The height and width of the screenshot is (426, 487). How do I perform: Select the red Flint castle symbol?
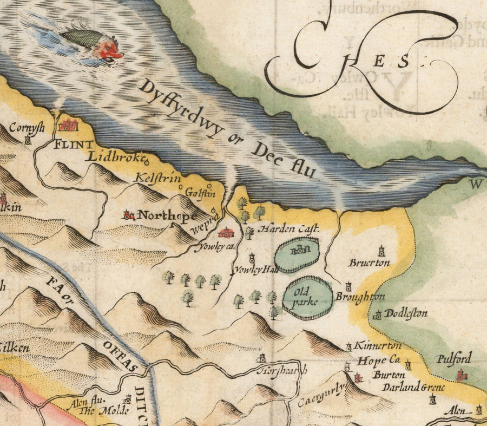(68, 124)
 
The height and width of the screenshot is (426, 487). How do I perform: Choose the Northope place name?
(167, 215)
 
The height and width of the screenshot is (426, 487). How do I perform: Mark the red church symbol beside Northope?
(128, 215)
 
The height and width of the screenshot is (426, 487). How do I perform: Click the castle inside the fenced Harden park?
(299, 251)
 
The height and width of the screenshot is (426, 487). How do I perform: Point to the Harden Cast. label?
(288, 229)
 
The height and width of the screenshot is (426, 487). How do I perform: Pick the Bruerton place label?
(369, 263)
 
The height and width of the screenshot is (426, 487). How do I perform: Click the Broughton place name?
(360, 297)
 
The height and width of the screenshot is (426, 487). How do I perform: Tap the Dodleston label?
(406, 313)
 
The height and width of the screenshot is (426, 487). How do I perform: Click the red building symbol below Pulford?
(462, 375)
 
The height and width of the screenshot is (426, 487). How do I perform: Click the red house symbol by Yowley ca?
(226, 233)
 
